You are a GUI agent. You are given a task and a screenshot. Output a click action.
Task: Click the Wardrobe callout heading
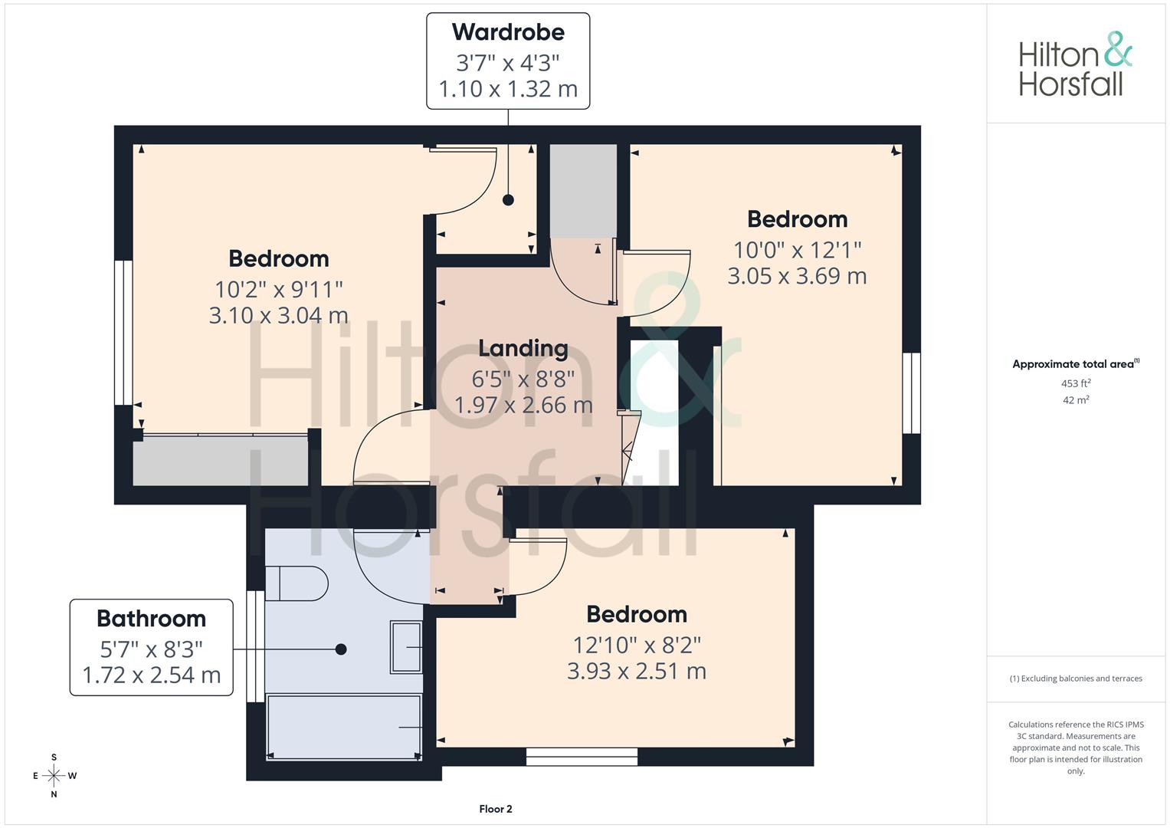508,32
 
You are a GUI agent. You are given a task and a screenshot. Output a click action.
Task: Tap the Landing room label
523,349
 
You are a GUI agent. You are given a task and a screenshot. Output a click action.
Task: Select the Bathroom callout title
152,619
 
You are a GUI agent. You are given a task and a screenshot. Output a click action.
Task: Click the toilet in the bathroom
297,583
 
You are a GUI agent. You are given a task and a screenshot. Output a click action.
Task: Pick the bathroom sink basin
406,647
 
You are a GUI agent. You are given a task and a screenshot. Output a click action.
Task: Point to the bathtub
344,727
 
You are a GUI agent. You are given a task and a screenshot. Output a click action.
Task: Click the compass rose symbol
54,776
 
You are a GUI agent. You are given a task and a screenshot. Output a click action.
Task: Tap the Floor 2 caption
496,809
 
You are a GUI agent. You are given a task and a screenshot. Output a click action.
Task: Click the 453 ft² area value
1076,383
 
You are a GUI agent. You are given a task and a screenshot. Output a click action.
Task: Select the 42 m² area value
1076,400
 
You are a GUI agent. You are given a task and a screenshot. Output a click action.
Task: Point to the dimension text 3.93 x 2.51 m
637,671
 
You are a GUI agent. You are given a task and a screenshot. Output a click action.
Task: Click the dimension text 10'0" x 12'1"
797,251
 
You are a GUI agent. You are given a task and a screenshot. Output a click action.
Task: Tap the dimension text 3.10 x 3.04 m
278,315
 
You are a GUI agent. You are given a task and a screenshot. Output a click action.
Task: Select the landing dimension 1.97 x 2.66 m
523,405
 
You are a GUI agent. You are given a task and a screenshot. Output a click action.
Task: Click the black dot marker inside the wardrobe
508,199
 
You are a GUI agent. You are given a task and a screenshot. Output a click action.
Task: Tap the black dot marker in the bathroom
341,649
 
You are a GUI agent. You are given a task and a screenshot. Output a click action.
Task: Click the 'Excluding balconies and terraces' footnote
1076,678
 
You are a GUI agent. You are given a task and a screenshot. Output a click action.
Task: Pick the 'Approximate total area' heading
1076,364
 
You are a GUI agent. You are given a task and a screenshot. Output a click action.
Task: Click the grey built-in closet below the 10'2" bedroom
220,461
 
